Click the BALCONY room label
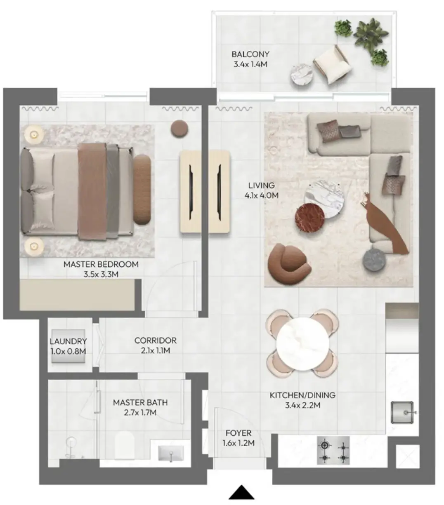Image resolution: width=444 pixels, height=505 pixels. [250, 54]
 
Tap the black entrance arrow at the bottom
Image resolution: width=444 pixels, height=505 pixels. [241, 492]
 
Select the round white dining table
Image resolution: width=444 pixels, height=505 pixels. [302, 345]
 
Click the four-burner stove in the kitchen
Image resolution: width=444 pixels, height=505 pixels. [333, 451]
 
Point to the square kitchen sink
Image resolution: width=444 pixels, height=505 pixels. [402, 413]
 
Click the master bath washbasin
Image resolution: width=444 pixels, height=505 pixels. [171, 453]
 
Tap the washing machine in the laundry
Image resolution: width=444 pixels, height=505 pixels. [68, 346]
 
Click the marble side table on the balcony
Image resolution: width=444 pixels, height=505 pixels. [302, 74]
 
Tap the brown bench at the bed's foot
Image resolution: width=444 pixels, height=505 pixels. [142, 190]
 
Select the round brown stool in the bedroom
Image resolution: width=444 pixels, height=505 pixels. [179, 128]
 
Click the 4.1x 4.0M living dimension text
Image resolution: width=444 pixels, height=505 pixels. [261, 195]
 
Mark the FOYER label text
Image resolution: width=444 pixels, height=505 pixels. [239, 433]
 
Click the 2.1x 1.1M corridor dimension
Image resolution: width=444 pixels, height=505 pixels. [156, 350]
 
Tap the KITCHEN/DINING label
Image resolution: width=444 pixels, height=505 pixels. [302, 395]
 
